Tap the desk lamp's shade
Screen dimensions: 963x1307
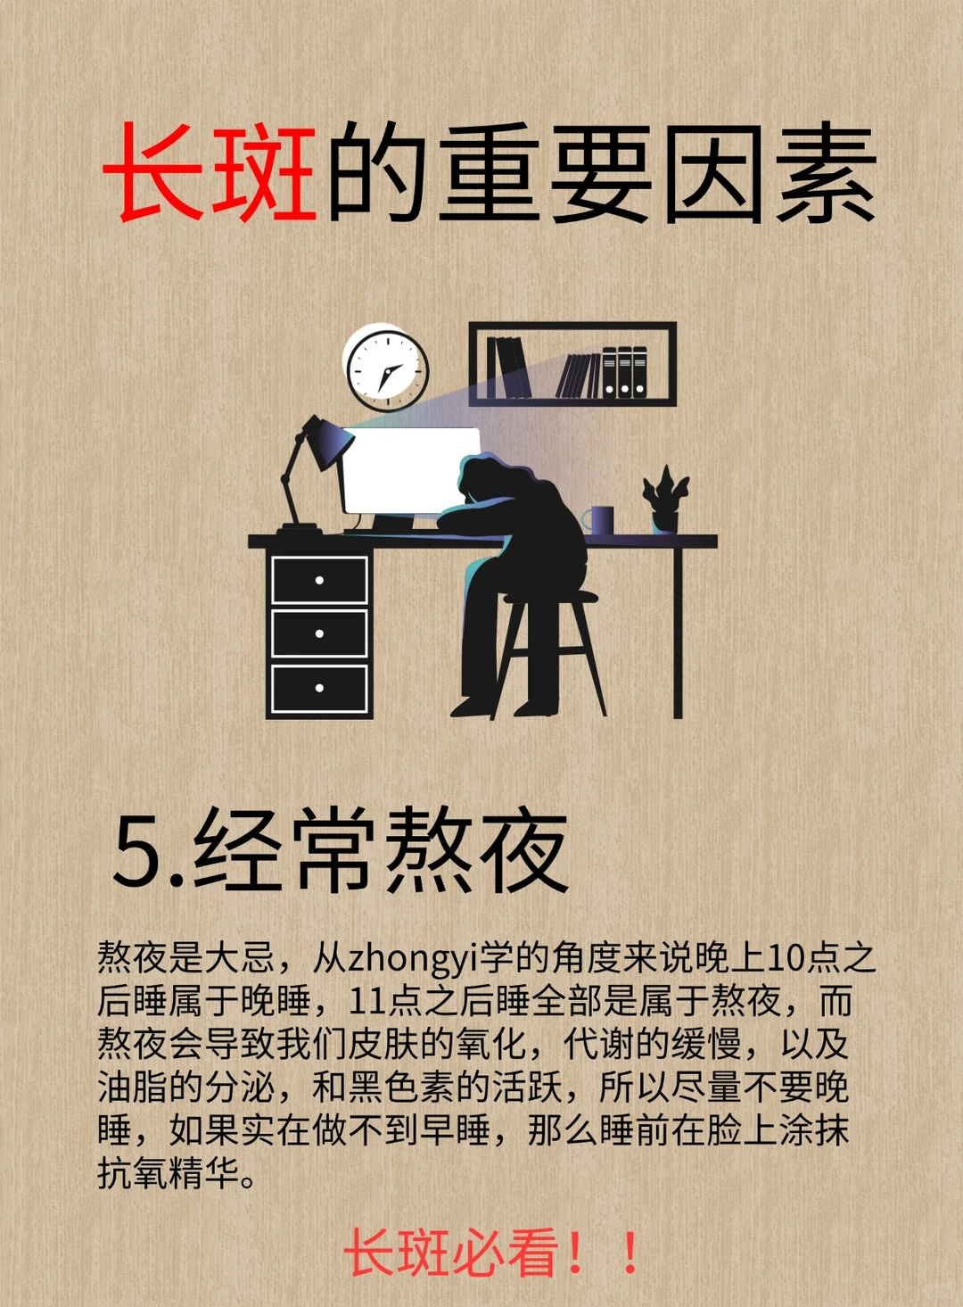pyautogui.click(x=331, y=443)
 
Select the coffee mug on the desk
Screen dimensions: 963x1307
pyautogui.click(x=598, y=520)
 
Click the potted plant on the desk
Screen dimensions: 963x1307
pyautogui.click(x=665, y=500)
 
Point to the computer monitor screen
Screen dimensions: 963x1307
pyautogui.click(x=408, y=470)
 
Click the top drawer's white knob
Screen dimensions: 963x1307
pyautogui.click(x=319, y=580)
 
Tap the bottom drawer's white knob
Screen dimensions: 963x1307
pyautogui.click(x=319, y=688)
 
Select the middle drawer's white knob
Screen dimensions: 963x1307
pyautogui.click(x=319, y=633)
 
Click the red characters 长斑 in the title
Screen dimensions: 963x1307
pyautogui.click(x=210, y=173)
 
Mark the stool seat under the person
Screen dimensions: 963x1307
pyautogui.click(x=551, y=596)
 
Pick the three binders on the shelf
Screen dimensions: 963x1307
pyautogui.click(x=624, y=372)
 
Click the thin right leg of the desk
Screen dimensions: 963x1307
pyautogui.click(x=678, y=633)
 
